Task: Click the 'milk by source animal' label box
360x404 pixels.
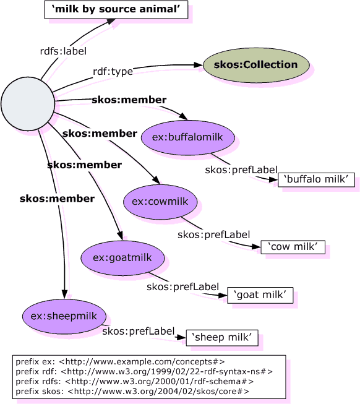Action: [115, 9]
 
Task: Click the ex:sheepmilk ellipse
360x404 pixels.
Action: [60, 314]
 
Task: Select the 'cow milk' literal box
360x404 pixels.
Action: [293, 247]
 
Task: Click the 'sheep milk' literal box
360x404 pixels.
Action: [221, 337]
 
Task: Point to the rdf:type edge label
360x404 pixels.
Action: [113, 72]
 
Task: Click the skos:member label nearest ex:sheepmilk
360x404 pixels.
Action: [57, 199]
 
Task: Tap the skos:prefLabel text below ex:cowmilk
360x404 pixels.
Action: [213, 234]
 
